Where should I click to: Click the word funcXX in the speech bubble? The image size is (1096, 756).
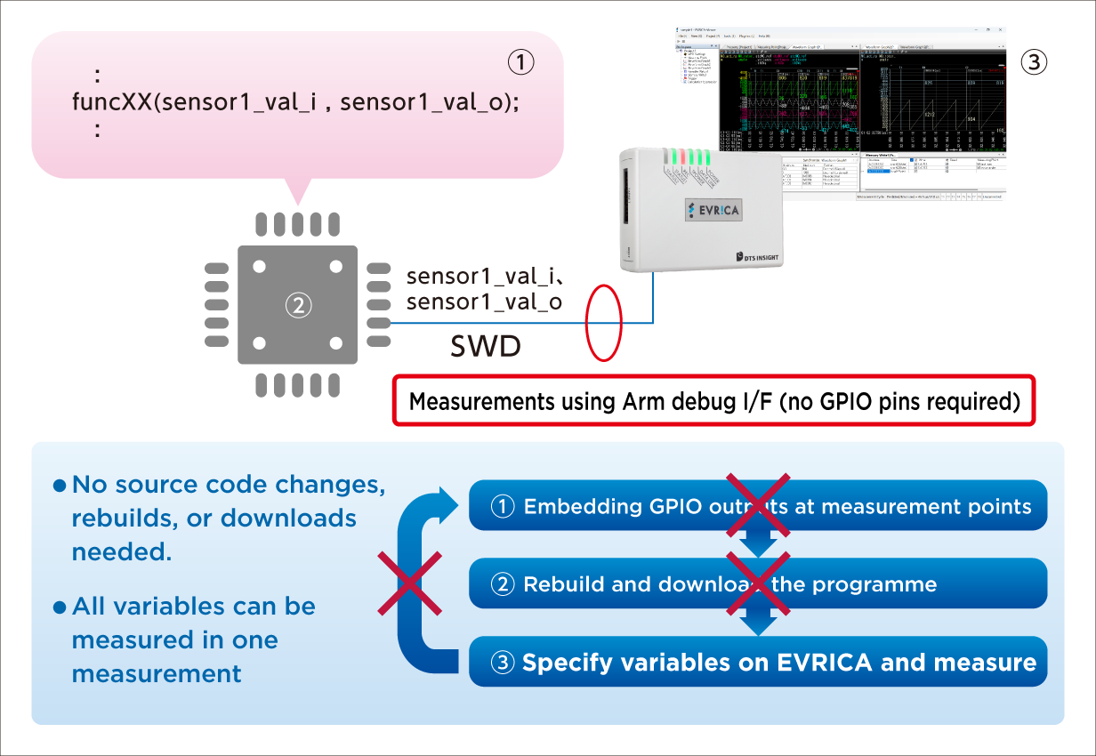[x=111, y=101]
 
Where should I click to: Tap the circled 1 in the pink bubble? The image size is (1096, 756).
[x=520, y=62]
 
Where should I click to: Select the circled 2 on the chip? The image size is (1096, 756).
[x=298, y=305]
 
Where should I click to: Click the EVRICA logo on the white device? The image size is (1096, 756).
[x=714, y=210]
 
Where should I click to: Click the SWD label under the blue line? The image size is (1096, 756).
[x=485, y=347]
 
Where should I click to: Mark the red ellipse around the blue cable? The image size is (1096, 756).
[x=603, y=322]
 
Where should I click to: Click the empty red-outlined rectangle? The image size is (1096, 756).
[x=714, y=400]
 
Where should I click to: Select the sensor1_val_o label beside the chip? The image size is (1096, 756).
[x=484, y=302]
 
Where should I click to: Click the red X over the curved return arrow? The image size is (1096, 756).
[x=409, y=583]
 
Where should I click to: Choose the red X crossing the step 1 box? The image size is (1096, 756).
[x=758, y=505]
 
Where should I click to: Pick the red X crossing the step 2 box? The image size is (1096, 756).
[x=758, y=583]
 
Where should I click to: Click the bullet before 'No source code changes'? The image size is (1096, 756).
[x=60, y=486]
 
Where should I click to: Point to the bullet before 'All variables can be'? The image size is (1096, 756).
[x=60, y=607]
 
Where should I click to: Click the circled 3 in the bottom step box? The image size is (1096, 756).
[x=503, y=663]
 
